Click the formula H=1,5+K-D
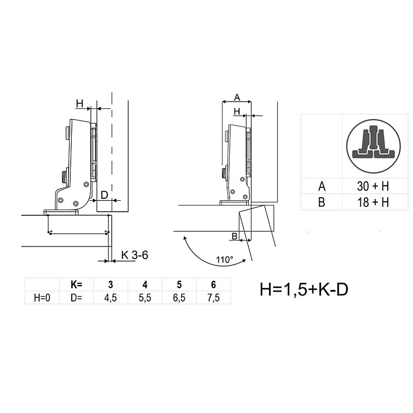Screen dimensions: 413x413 point(304,290)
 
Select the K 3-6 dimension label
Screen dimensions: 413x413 point(136,255)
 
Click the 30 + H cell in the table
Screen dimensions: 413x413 point(371,186)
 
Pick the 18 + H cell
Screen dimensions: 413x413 point(371,202)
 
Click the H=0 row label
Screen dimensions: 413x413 point(42,297)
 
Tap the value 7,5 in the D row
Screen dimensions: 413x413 point(213,297)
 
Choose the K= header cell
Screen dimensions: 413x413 point(76,284)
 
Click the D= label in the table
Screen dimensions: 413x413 point(76,297)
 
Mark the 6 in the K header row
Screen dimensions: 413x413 point(213,284)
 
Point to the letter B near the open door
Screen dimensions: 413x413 point(234,236)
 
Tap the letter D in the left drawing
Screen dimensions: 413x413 point(104,195)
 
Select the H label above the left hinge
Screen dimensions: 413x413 point(80,104)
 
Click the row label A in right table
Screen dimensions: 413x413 point(321,186)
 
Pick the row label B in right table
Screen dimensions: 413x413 point(321,202)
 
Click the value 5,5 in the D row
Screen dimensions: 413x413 point(145,297)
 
